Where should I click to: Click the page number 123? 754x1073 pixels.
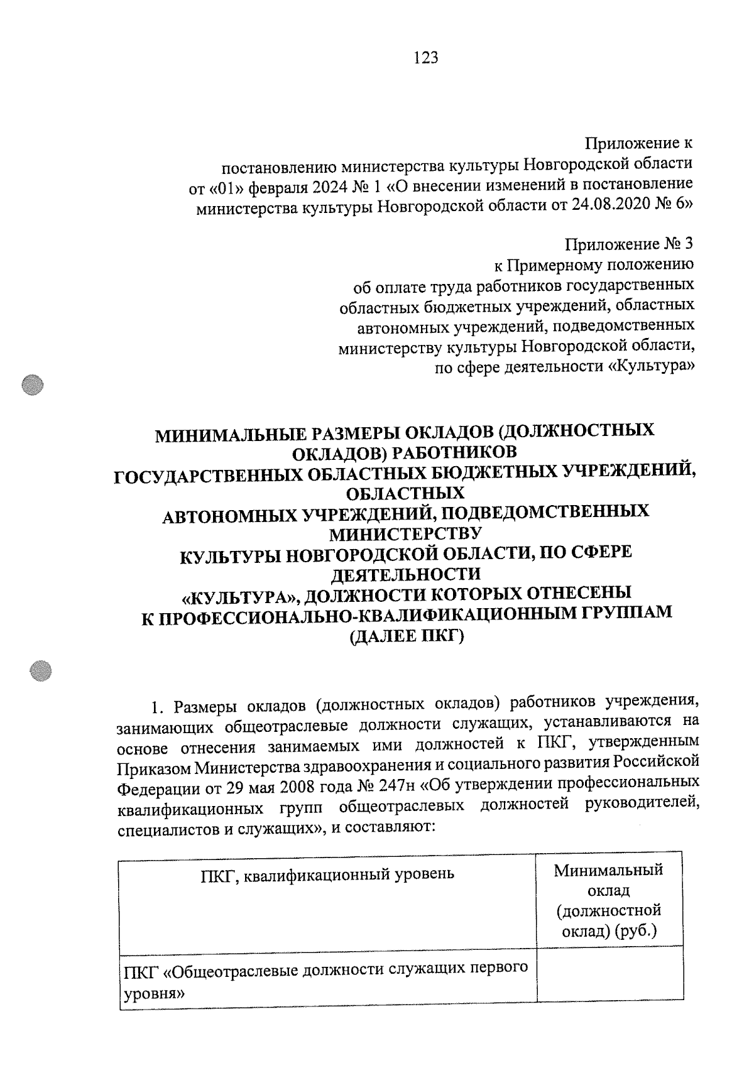(x=425, y=58)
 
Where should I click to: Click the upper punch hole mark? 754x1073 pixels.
(x=33, y=385)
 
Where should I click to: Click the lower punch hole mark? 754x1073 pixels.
(x=41, y=670)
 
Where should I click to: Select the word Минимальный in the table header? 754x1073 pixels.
(x=608, y=870)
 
